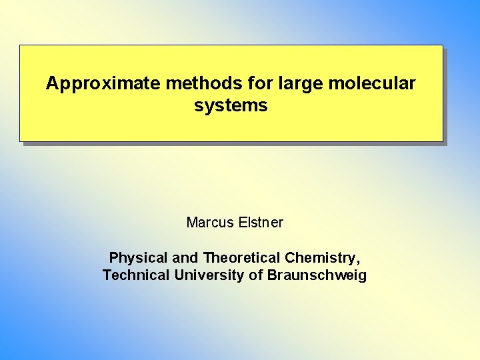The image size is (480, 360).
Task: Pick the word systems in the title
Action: pyautogui.click(x=231, y=105)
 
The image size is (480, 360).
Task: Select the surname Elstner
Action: pyautogui.click(x=261, y=223)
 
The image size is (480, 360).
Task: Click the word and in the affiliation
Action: pyautogui.click(x=185, y=258)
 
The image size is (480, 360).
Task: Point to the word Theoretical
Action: pyautogui.click(x=242, y=258)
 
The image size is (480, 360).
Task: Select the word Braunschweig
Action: pyautogui.click(x=317, y=275)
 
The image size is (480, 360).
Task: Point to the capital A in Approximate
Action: pyautogui.click(x=51, y=84)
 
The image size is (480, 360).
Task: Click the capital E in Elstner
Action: pyautogui.click(x=242, y=223)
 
